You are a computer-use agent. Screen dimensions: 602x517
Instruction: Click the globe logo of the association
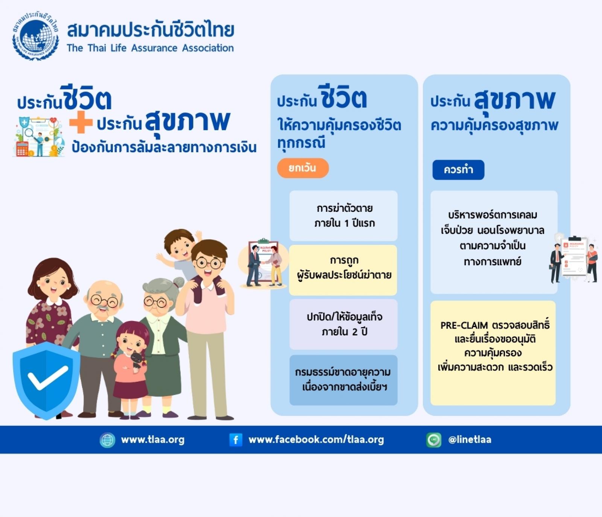(36, 37)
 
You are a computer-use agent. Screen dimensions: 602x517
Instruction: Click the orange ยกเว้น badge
(303, 168)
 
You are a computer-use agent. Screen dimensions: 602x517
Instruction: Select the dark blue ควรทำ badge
(458, 170)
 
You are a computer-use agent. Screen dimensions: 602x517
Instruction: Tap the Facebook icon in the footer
(236, 440)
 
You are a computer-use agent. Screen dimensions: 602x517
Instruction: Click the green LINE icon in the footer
(433, 440)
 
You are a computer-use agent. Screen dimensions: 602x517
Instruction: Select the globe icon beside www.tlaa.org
(108, 440)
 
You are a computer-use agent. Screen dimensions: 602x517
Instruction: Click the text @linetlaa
(470, 440)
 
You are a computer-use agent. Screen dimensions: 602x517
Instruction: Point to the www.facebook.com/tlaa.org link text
(316, 440)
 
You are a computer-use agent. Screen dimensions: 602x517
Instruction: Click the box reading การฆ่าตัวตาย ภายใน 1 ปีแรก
(344, 216)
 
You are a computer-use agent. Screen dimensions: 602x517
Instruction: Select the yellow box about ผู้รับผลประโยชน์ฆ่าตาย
(343, 270)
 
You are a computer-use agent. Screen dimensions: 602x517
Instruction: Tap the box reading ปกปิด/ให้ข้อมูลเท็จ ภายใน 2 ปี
(344, 324)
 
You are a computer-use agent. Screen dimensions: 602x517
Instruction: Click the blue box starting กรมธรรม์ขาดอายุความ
(344, 380)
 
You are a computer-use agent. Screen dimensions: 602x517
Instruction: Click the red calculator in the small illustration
(22, 148)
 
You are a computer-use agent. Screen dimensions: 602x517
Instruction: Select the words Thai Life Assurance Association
(161, 48)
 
